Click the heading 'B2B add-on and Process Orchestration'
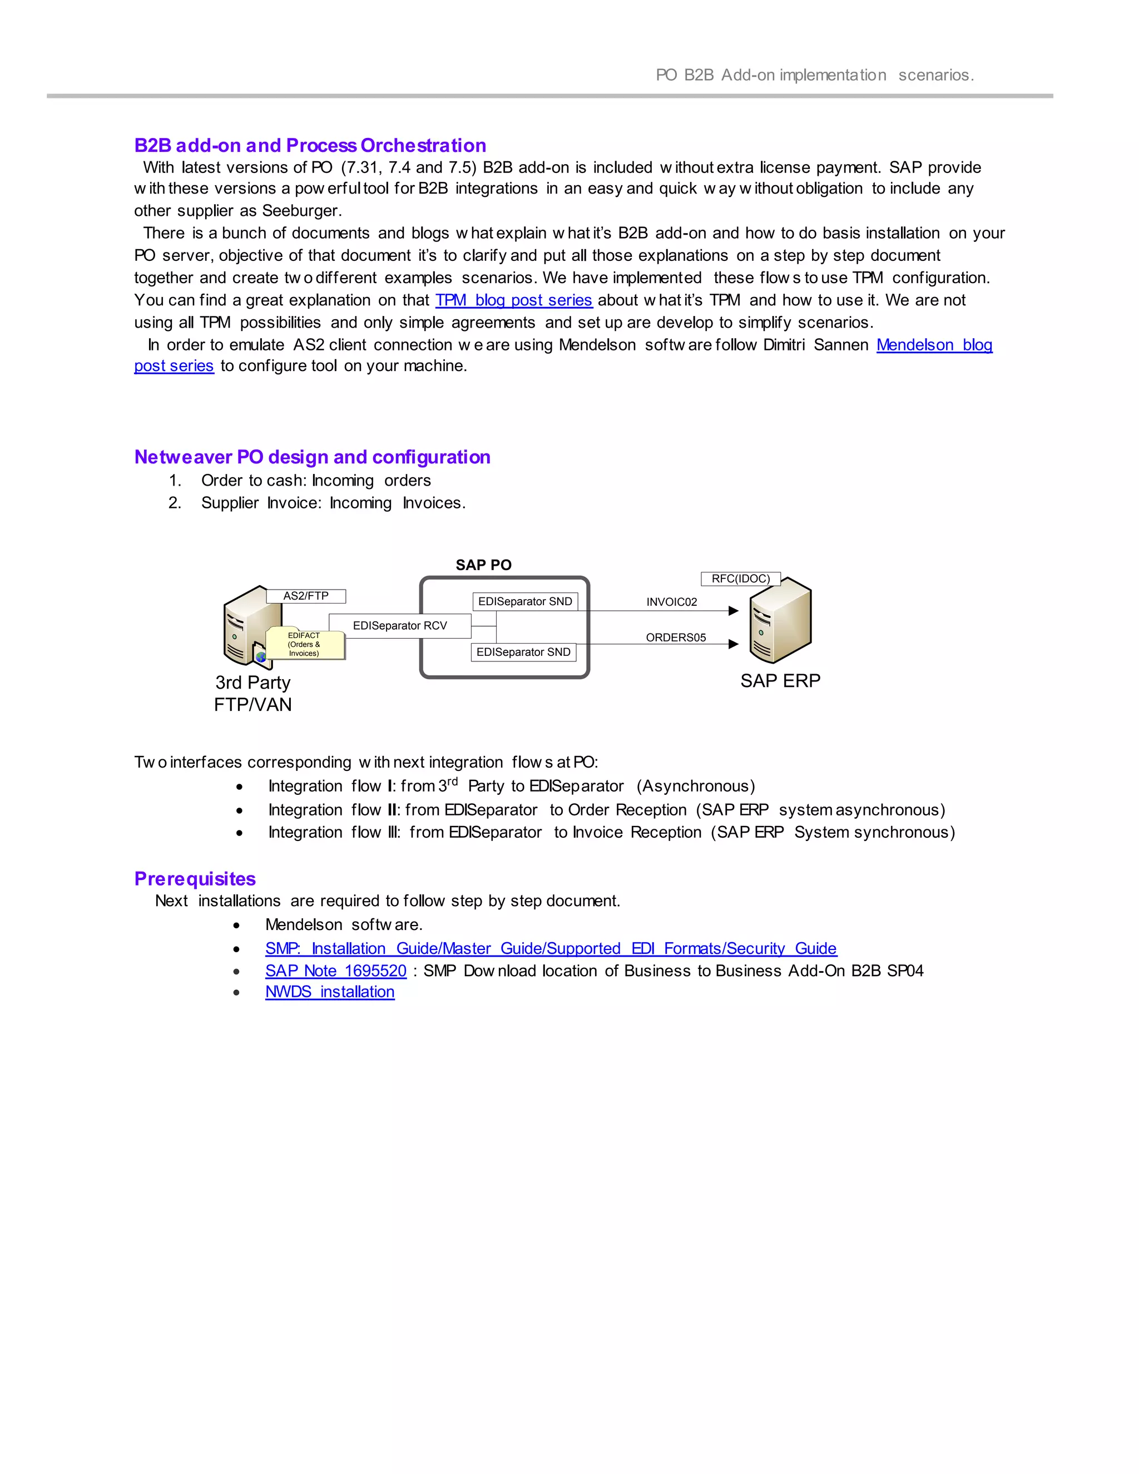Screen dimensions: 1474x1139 (x=310, y=145)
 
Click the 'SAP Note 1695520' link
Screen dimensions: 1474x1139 (x=335, y=971)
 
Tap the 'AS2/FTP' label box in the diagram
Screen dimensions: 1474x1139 (x=306, y=596)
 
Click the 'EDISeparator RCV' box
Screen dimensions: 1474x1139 (x=399, y=626)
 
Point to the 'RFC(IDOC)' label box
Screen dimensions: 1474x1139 (x=740, y=578)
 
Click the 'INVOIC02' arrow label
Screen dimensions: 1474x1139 (x=671, y=602)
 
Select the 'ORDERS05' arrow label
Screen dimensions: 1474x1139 (x=675, y=638)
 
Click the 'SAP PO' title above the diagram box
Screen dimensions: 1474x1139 (x=483, y=565)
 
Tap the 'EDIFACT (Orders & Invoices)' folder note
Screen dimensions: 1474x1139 (x=304, y=645)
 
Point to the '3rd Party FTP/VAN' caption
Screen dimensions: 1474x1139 (x=253, y=694)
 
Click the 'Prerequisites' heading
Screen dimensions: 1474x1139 (x=195, y=879)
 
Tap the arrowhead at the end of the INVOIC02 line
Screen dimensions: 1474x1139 (x=734, y=611)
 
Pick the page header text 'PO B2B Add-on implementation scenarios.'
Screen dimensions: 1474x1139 (x=814, y=75)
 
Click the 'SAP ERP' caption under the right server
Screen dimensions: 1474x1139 (x=780, y=681)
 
